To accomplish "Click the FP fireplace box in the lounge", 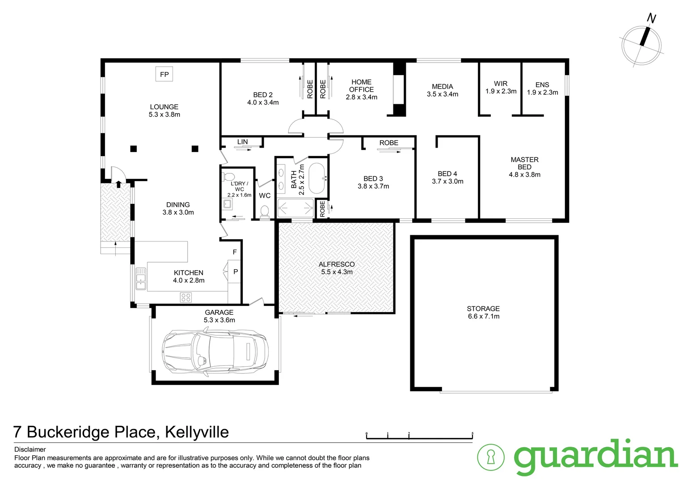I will tap(164, 74).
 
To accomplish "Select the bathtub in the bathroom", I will tap(318, 178).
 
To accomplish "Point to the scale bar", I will tap(419, 436).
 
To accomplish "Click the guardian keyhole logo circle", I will tap(491, 457).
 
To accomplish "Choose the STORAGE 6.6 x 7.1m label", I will tap(483, 312).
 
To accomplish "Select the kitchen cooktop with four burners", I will tap(186, 297).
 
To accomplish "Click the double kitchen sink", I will tap(141, 278).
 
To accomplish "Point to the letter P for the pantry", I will tap(236, 272).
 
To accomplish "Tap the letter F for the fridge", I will tap(235, 252).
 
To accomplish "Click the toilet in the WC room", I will tap(265, 211).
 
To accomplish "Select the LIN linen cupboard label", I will tap(242, 142).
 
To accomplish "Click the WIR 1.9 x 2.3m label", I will tap(501, 87).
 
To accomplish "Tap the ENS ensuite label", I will tap(542, 85).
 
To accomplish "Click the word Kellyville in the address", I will tap(197, 432).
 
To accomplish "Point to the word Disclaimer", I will tap(30, 449).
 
